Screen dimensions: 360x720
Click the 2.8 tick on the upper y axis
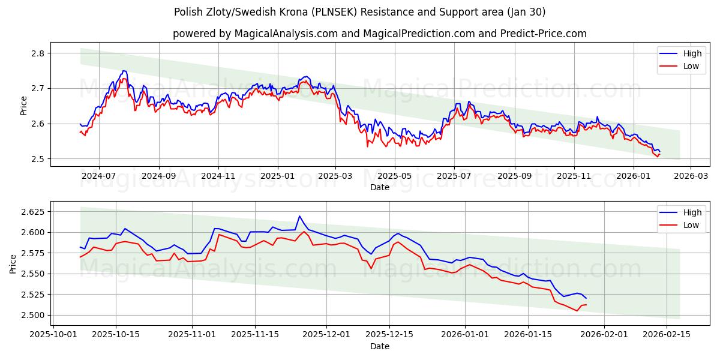click(x=38, y=53)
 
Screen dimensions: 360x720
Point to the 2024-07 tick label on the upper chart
click(x=98, y=177)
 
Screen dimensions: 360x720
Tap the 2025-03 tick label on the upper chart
click(x=335, y=177)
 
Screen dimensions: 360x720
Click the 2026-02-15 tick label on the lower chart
click(x=666, y=333)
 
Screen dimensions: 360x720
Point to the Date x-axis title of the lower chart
click(x=379, y=346)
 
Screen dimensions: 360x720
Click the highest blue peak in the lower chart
click(x=299, y=216)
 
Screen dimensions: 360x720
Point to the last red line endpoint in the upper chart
click(x=659, y=154)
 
